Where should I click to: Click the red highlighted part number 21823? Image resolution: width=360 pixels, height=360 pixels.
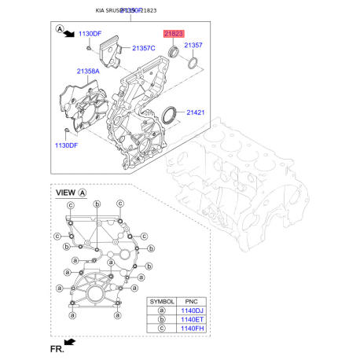(172, 35)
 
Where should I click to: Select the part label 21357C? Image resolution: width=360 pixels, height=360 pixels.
(144, 49)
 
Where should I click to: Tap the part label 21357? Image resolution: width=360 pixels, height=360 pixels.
(193, 46)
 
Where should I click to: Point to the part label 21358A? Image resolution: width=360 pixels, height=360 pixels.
(88, 72)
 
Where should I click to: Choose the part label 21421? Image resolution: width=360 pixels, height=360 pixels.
(196, 113)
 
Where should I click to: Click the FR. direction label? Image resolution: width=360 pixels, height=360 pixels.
(55, 347)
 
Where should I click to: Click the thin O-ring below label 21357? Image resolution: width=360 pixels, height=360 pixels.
(192, 64)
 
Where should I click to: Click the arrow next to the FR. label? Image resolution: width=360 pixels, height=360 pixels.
(70, 342)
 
